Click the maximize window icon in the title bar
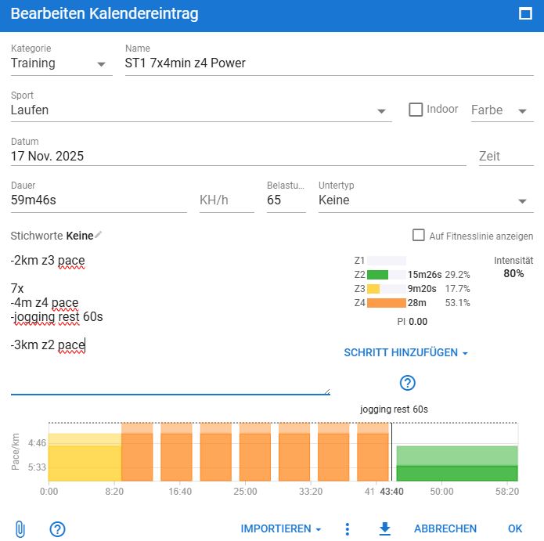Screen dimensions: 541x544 [525, 13]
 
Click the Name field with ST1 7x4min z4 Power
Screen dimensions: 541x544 [329, 63]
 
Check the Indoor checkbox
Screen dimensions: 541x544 [416, 110]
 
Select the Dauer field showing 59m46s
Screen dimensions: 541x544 [98, 200]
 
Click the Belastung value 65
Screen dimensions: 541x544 [285, 200]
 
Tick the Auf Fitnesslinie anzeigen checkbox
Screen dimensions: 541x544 [419, 236]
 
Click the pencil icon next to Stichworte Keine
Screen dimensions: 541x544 [99, 235]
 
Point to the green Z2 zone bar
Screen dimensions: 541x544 [377, 275]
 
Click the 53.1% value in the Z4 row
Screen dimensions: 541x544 [458, 303]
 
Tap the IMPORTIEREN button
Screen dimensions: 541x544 [280, 529]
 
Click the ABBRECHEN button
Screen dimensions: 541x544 [445, 529]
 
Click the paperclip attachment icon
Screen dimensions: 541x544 [20, 529]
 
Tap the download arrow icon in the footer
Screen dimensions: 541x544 [384, 529]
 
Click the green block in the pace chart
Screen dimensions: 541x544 [456, 463]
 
